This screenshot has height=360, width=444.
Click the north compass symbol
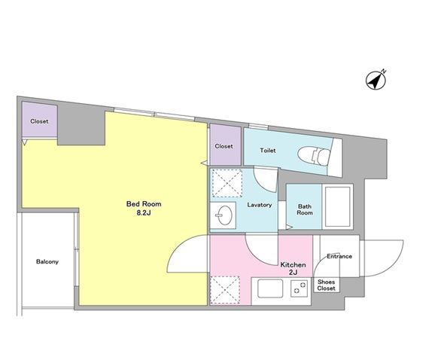coord(376,80)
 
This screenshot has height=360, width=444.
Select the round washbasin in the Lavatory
coord(226,215)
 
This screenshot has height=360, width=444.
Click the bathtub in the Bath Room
coord(337,206)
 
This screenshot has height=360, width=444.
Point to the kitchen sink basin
coord(270,288)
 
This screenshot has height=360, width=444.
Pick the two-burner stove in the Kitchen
coord(300,288)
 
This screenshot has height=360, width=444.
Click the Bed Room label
coord(144,204)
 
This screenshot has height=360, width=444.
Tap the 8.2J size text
coord(144,213)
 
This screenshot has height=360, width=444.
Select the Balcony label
coord(47,261)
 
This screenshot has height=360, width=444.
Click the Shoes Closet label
coord(326,285)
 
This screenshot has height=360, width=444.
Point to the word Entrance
coord(339,256)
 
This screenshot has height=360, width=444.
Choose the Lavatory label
coord(260,205)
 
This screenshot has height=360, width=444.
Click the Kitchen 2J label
coord(293,269)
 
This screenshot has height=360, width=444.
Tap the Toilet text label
coord(268,150)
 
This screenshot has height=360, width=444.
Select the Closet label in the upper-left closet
coord(39,121)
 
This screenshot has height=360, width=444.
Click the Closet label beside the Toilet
coord(224,146)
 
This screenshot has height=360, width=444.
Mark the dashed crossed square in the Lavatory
coord(227,183)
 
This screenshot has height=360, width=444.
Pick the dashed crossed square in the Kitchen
coord(225,290)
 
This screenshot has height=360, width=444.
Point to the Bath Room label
coord(305,209)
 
